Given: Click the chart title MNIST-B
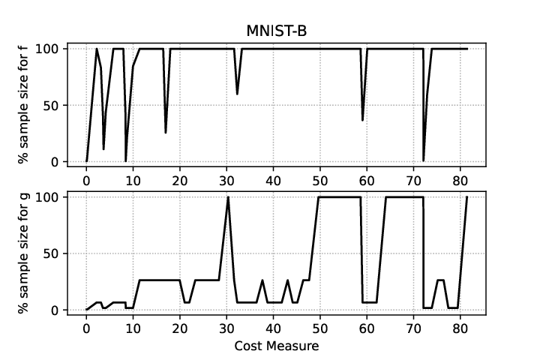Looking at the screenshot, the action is tap(277, 31).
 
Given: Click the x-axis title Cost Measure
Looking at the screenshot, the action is tap(277, 346).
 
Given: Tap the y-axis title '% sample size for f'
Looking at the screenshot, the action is tap(23, 105).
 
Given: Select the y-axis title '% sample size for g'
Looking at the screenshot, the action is tap(23, 253).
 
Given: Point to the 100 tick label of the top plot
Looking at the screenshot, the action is tap(49, 49).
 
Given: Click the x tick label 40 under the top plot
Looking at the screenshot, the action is tap(273, 180).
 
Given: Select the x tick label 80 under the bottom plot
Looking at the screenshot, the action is tap(460, 328).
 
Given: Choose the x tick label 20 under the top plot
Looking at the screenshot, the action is tap(180, 180).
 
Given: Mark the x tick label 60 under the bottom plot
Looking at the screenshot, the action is tap(367, 328).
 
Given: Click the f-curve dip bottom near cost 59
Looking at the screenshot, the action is tap(363, 120).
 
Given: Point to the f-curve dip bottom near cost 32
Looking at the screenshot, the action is tap(237, 94).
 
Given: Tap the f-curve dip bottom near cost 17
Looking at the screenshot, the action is tap(166, 133).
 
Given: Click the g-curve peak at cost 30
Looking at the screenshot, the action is tap(228, 197).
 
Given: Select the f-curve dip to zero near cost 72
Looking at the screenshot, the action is tap(423, 161).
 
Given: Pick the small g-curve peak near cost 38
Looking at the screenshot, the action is tap(262, 280).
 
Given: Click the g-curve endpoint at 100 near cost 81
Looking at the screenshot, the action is tap(467, 197).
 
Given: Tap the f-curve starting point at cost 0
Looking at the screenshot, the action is tap(86, 161).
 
